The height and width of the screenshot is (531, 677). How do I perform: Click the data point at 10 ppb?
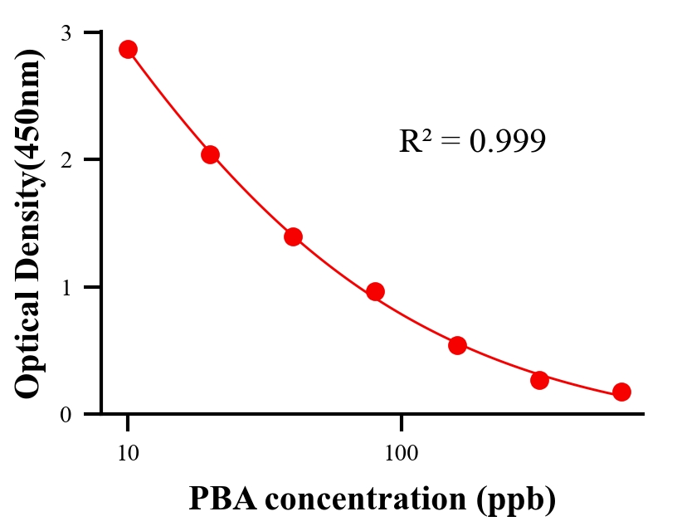pyautogui.click(x=128, y=49)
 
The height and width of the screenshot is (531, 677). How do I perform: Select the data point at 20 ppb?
pyautogui.click(x=210, y=154)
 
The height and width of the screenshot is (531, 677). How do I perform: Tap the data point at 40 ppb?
pyautogui.click(x=293, y=236)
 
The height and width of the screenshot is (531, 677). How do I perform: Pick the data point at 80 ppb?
pyautogui.click(x=375, y=291)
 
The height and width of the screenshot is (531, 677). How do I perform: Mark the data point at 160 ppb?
pyautogui.click(x=457, y=345)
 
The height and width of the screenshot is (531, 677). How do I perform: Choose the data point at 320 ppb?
pyautogui.click(x=539, y=380)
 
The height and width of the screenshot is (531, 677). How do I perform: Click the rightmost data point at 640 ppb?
pyautogui.click(x=621, y=392)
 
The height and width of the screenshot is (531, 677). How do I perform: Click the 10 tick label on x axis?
pyautogui.click(x=128, y=453)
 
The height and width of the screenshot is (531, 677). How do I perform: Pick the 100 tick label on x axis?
pyautogui.click(x=401, y=453)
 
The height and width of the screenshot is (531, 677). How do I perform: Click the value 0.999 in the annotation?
pyautogui.click(x=507, y=142)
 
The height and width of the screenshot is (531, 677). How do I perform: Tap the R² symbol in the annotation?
pyautogui.click(x=416, y=142)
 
